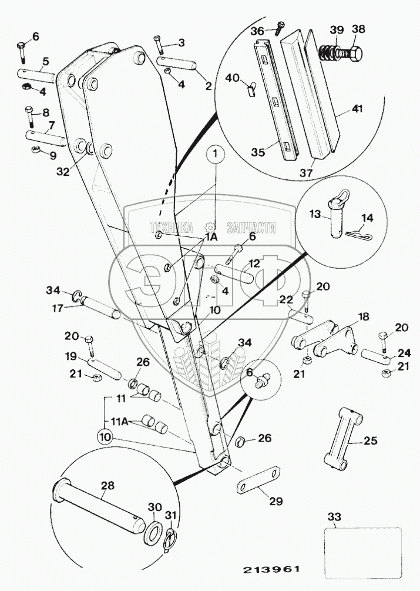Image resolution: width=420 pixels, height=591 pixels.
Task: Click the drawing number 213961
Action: (x=271, y=569)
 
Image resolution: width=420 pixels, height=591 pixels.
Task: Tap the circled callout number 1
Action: (x=215, y=154)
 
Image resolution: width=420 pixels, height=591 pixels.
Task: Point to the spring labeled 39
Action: (x=326, y=52)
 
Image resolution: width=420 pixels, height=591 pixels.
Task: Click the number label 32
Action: (x=63, y=172)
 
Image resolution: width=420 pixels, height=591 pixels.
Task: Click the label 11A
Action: (x=120, y=422)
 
